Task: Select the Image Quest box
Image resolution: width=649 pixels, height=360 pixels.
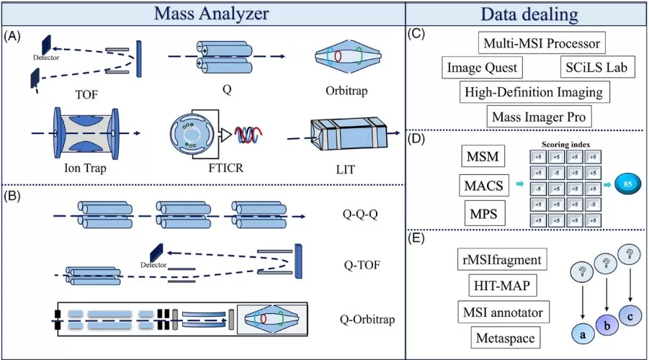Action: pyautogui.click(x=481, y=68)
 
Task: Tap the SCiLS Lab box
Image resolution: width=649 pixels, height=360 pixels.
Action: pyautogui.click(x=597, y=68)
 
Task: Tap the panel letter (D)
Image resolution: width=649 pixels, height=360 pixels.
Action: pyautogui.click(x=416, y=138)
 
